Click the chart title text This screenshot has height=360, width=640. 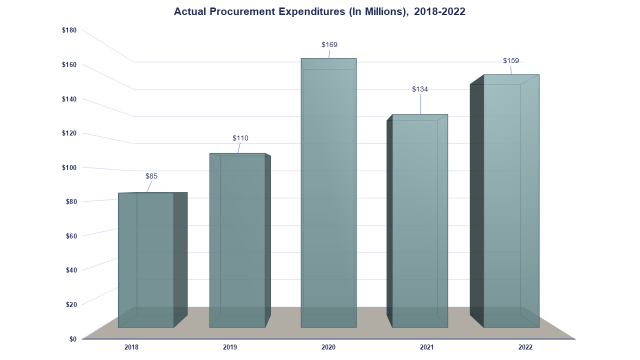point(319,11)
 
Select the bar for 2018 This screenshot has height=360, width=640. point(146,260)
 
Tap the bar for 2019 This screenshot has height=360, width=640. point(237,240)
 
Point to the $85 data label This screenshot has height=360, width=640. point(151,176)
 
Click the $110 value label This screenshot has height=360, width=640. point(240,138)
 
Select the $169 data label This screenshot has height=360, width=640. point(329,44)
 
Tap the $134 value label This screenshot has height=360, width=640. point(420,89)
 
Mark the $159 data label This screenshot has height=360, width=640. point(510,60)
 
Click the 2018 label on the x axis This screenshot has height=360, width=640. point(131,347)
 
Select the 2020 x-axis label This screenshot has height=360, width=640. point(328,347)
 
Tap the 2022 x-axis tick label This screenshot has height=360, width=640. point(525,347)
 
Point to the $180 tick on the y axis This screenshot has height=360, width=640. point(69,30)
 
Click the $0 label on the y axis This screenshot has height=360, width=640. point(73,339)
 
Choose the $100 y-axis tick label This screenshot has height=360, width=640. point(69,167)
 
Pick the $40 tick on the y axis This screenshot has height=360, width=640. point(71,270)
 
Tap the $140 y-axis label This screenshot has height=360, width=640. point(69,99)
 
